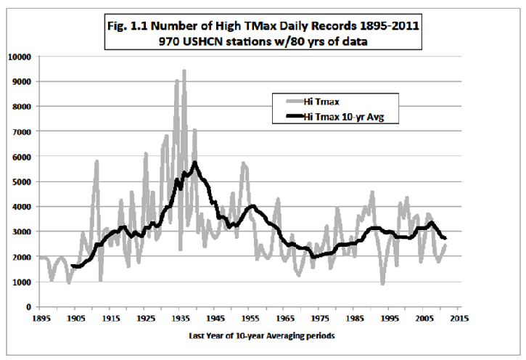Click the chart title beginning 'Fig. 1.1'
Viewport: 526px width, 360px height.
click(263, 25)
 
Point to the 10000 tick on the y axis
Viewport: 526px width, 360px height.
click(18, 56)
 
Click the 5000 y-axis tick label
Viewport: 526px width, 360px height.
click(20, 181)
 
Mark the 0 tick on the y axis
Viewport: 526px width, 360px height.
click(27, 307)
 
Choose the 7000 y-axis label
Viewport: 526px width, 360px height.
click(20, 131)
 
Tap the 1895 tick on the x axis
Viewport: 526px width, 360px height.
click(41, 317)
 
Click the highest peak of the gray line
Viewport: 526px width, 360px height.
click(184, 70)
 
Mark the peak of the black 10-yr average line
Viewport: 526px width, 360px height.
click(195, 163)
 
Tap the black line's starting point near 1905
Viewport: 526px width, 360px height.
click(72, 266)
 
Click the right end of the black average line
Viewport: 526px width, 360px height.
click(446, 238)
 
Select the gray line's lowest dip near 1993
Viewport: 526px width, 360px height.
click(382, 284)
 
